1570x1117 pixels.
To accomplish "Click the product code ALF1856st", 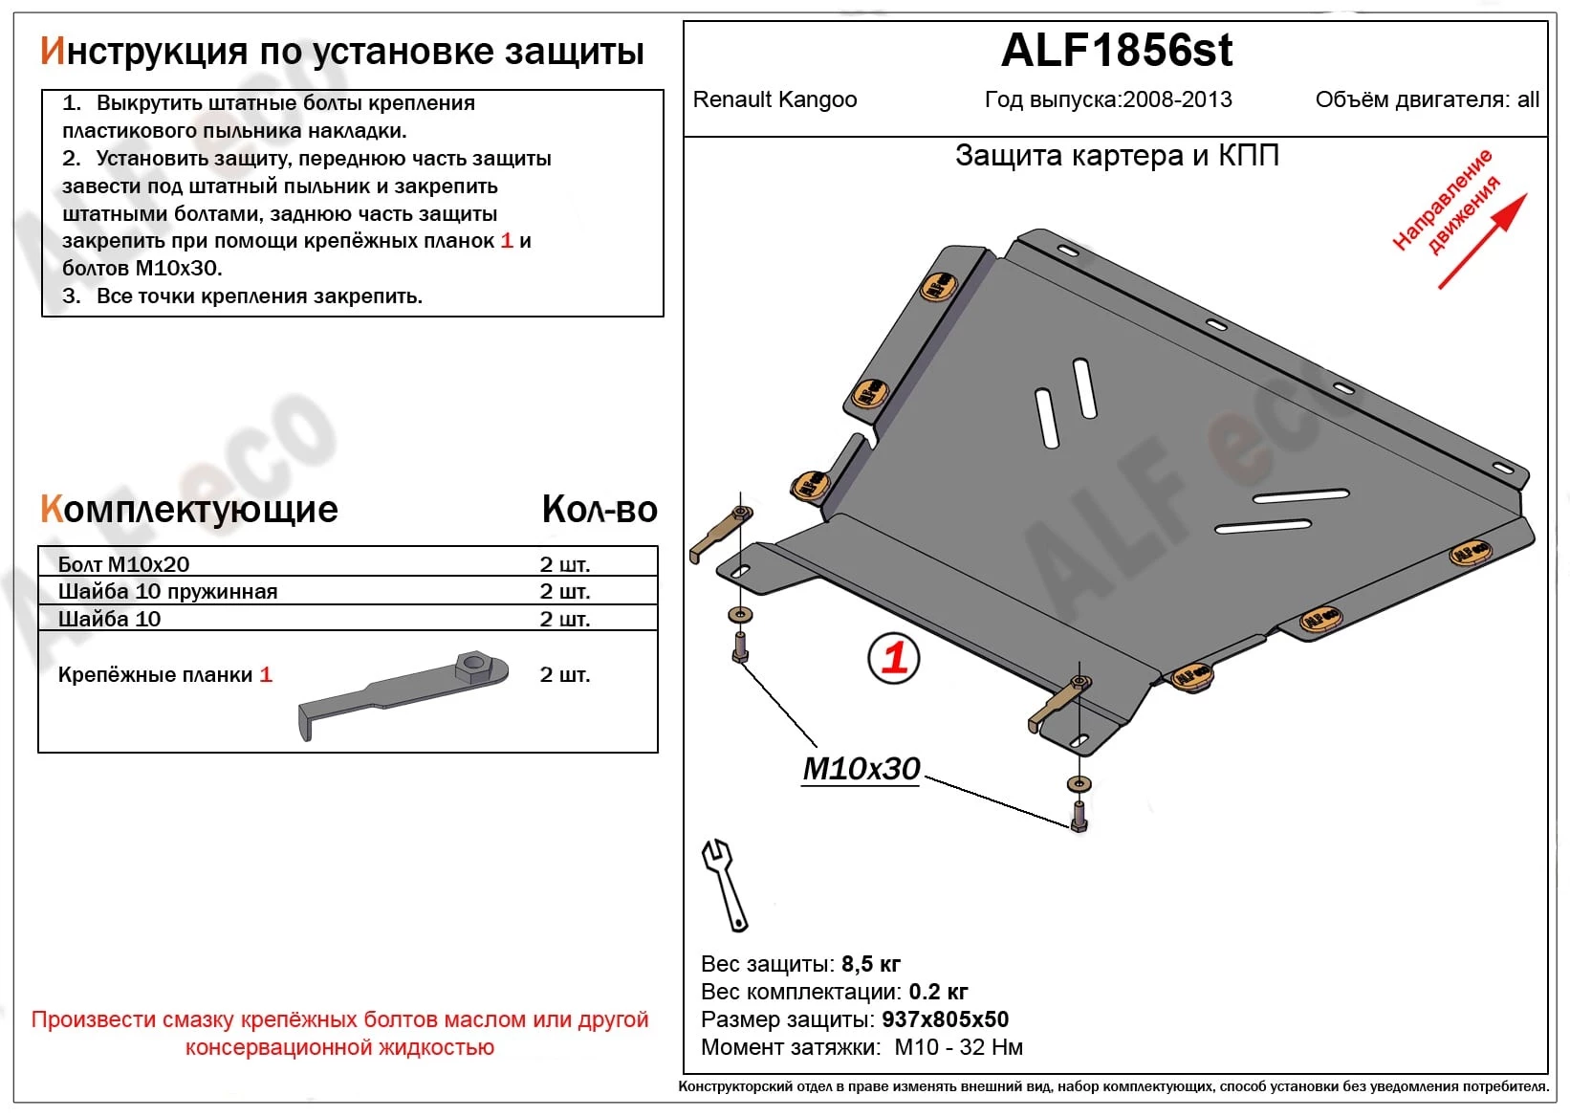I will tap(1116, 51).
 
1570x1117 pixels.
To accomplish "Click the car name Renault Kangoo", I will tap(774, 99).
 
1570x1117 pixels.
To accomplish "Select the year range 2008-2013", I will tap(1177, 99).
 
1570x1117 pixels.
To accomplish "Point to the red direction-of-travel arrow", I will tap(1481, 242).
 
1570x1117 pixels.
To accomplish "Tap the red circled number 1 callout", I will tap(893, 658).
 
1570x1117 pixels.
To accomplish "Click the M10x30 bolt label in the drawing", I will tap(861, 769).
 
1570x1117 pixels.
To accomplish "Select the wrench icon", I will tap(725, 885).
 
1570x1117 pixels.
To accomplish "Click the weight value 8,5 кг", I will tap(870, 964).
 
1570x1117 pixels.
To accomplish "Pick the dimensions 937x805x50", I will tap(945, 1019).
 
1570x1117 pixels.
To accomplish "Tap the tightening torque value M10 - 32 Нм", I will tap(958, 1047).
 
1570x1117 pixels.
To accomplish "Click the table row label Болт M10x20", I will tap(123, 564).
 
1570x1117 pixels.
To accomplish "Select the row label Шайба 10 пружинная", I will tap(167, 591).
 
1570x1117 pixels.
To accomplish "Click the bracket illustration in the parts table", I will tap(403, 692).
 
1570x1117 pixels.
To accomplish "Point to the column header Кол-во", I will tap(600, 510).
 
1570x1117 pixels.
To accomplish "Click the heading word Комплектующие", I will tap(189, 510).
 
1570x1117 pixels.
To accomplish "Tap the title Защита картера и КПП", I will tap(1117, 155).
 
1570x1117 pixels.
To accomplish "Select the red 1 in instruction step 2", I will tap(507, 241).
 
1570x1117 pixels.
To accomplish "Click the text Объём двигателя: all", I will tap(1427, 99).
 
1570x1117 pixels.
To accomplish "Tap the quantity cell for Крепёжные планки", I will tap(564, 675).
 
